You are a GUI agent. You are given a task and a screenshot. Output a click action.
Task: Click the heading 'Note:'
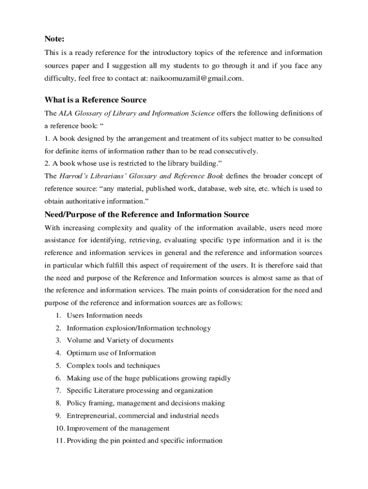coord(54,38)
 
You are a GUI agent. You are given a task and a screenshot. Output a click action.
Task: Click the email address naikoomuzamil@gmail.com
coord(197,78)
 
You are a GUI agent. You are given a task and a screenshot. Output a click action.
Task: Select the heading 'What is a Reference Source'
coord(96,100)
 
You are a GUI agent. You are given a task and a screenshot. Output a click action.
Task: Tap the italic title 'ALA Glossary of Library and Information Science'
coord(137,113)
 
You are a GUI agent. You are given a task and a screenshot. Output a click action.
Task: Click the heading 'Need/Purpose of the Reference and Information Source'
coord(147,214)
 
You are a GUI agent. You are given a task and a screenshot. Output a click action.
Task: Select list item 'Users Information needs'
coord(104,316)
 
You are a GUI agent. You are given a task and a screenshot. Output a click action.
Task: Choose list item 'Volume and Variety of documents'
coord(120,340)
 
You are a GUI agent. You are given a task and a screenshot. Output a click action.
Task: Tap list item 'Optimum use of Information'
coord(111,353)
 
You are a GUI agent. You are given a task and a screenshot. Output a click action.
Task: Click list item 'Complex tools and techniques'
coord(113,366)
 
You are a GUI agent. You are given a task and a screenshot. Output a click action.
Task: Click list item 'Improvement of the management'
coord(118,428)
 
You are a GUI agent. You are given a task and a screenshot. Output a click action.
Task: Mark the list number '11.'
coord(59,441)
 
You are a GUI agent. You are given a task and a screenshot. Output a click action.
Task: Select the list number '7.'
coord(58,391)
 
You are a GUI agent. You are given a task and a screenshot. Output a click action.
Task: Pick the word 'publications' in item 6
coord(161,378)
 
